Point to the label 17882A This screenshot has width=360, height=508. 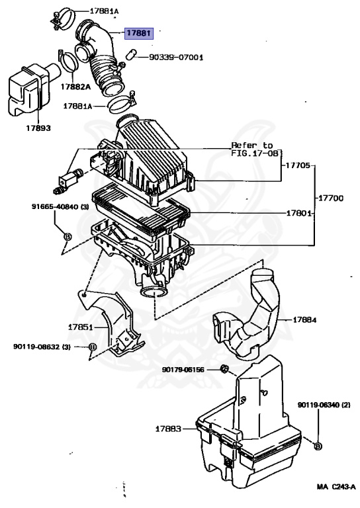[75, 85]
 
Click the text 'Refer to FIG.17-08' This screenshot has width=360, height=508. [252, 148]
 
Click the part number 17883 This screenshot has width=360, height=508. [168, 429]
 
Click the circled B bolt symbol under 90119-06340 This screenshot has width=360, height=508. [318, 446]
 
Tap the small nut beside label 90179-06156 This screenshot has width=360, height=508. [224, 368]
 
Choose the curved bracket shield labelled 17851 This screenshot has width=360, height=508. [112, 324]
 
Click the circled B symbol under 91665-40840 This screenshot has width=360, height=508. [66, 236]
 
